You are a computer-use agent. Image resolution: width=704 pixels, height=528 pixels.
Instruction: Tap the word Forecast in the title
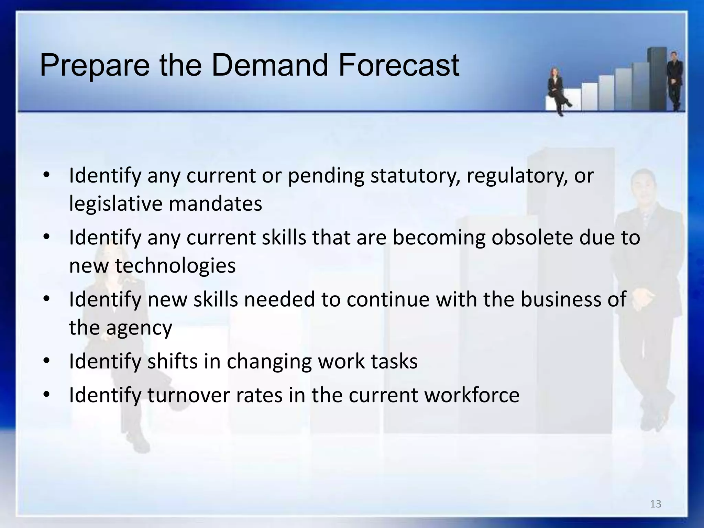(399, 65)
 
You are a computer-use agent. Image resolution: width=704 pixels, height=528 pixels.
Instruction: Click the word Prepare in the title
(95, 66)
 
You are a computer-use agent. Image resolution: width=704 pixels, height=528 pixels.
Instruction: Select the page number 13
(656, 504)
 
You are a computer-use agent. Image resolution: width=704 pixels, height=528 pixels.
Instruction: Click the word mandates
(215, 203)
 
